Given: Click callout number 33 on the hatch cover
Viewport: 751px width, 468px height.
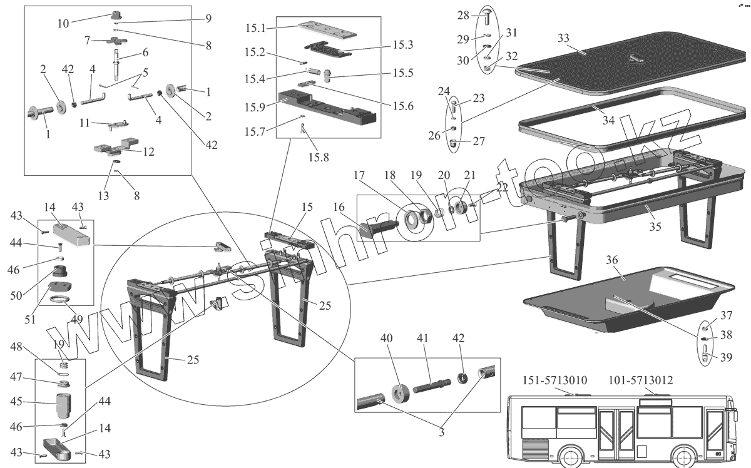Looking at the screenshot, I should pos(563,38).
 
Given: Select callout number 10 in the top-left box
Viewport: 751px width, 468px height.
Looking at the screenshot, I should pos(63,24).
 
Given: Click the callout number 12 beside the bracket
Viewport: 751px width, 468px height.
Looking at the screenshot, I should pos(148,151).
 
